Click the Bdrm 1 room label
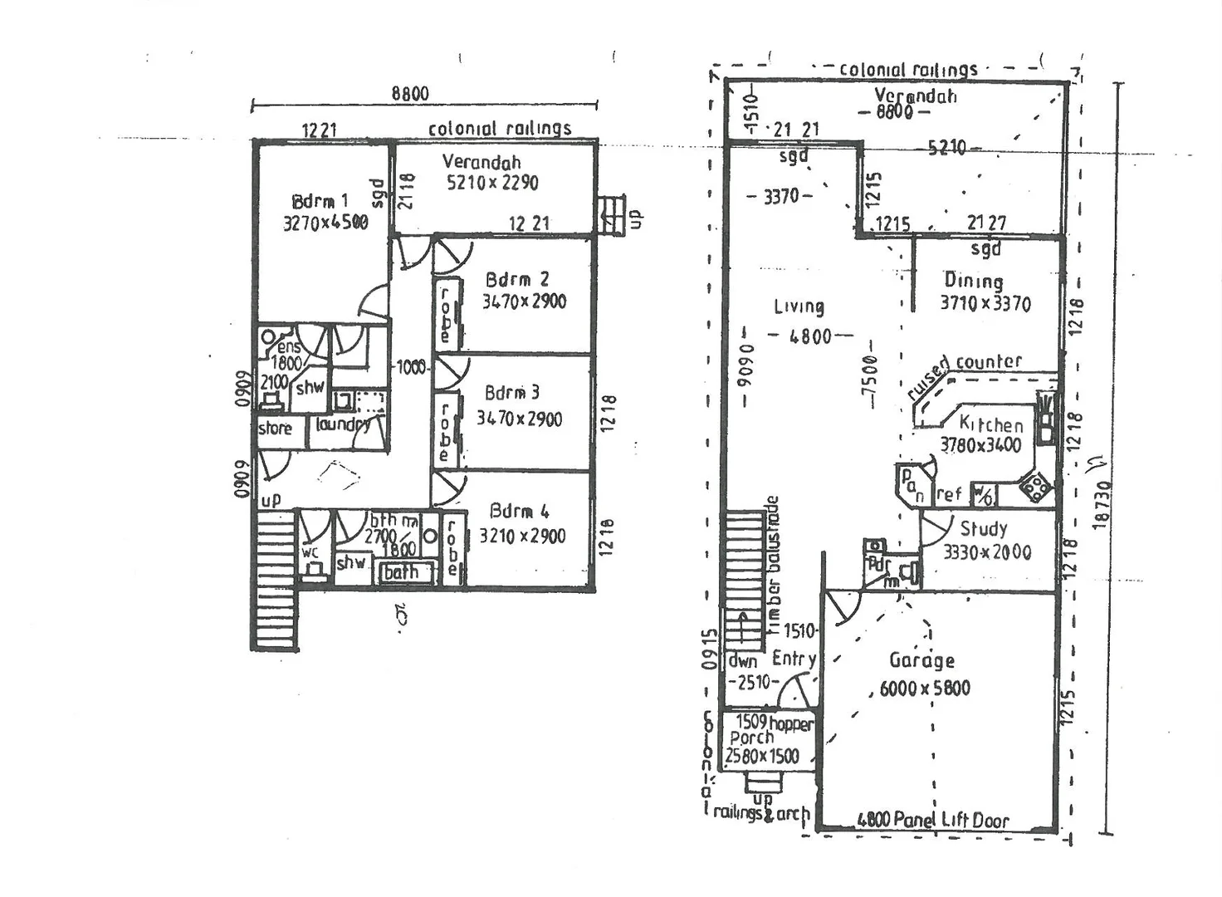pos(320,201)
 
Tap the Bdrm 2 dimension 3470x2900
pos(524,301)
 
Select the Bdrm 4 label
pos(519,511)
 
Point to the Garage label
pos(921,661)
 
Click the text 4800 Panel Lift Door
pos(932,821)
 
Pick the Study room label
pos(984,529)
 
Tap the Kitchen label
pos(990,424)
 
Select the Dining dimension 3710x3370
pos(985,304)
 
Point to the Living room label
pos(799,306)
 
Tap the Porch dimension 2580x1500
pos(762,757)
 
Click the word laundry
pos(342,424)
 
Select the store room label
pos(275,429)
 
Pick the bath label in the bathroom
pos(401,572)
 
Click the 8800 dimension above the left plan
pos(410,93)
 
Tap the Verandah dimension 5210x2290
pos(492,183)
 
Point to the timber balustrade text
pos(774,566)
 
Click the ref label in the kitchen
pos(949,495)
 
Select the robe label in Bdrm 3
pos(445,432)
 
